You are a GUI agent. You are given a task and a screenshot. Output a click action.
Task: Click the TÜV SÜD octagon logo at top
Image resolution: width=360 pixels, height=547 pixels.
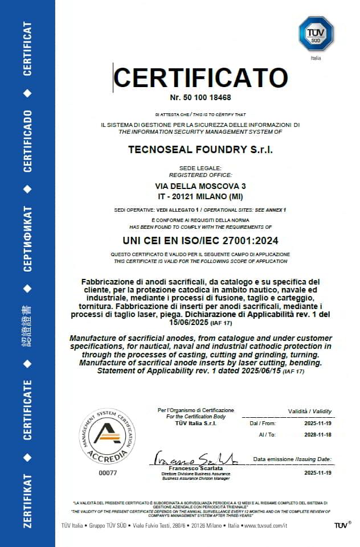(316, 34)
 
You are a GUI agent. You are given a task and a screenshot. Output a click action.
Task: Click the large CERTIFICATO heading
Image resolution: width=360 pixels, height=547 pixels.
(200, 79)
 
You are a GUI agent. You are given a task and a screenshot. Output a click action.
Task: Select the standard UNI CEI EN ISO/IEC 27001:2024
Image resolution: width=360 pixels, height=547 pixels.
(200, 240)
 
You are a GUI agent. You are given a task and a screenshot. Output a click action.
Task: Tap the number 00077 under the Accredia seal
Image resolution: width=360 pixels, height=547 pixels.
(107, 473)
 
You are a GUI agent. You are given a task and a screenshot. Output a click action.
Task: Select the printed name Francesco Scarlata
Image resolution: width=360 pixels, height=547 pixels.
(195, 468)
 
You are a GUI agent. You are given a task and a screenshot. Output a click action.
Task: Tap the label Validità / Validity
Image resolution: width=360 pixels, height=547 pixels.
(309, 411)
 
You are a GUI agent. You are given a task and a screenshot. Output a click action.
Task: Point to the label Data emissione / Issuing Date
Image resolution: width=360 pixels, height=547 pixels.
(292, 459)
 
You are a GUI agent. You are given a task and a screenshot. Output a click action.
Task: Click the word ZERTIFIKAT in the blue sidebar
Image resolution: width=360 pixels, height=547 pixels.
(27, 500)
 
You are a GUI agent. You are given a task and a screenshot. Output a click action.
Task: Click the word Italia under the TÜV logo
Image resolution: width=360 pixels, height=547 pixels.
(316, 58)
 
